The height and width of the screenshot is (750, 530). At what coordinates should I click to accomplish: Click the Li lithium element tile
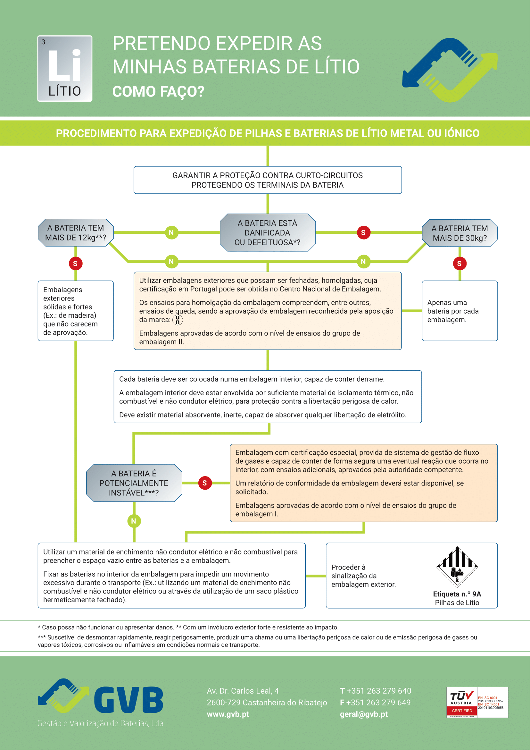65,68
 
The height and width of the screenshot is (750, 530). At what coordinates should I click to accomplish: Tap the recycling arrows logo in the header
450,70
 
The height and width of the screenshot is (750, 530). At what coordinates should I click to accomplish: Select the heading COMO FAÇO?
158,91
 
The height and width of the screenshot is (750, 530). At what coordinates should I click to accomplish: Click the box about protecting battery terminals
268,180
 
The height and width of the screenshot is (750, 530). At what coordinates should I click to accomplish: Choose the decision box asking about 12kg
76,232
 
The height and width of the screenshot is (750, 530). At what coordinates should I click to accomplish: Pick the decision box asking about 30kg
460,233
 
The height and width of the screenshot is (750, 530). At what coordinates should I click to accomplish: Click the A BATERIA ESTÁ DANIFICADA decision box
268,232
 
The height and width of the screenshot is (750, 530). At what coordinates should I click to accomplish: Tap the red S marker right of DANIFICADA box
363,232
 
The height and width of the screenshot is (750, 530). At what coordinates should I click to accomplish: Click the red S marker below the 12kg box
75,264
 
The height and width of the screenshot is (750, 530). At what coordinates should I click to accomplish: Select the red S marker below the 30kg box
460,264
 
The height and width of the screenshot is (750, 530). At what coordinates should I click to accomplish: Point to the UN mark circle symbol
178,320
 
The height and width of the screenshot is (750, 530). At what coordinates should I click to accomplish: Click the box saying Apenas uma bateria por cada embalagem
460,311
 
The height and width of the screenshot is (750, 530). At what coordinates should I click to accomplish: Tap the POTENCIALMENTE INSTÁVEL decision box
134,483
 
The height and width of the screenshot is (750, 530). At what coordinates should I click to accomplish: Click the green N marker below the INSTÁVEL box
134,521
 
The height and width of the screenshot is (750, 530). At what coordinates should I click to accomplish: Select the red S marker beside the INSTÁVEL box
205,483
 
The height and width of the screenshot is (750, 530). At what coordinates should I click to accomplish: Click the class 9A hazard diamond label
457,567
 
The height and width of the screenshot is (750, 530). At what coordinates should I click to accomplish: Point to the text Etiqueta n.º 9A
457,594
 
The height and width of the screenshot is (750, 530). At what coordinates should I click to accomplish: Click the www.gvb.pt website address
228,714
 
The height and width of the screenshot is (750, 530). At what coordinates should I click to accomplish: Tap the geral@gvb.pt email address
364,714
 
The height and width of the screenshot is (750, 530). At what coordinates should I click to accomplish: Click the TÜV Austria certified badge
477,702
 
